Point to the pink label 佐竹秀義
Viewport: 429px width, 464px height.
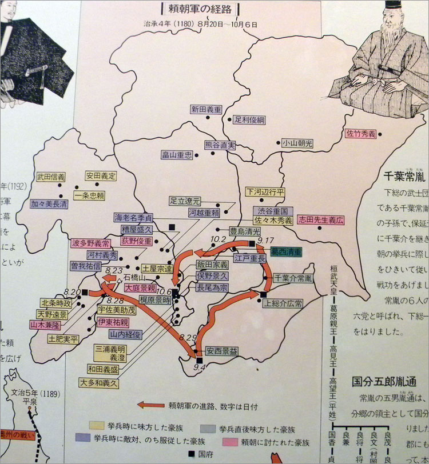[361, 134]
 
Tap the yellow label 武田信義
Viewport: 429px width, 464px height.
[51, 178]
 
